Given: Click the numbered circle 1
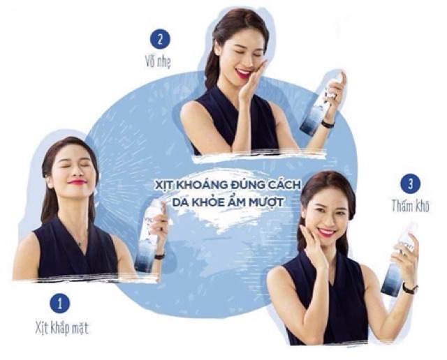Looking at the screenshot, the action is [x=59, y=303].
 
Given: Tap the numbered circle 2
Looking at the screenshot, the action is [x=160, y=39].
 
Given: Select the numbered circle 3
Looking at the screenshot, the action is [x=411, y=184].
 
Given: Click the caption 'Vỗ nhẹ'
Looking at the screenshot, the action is [x=158, y=62].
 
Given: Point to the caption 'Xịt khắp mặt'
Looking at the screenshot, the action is [x=61, y=328].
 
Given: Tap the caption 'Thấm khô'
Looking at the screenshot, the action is [x=410, y=205].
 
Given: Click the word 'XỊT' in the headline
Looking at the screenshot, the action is [x=163, y=185].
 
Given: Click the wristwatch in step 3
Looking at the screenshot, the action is [x=410, y=288].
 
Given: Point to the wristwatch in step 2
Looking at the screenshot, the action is [x=328, y=124].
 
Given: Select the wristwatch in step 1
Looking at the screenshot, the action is [x=160, y=256].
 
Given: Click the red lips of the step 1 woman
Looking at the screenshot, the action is [x=77, y=181].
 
